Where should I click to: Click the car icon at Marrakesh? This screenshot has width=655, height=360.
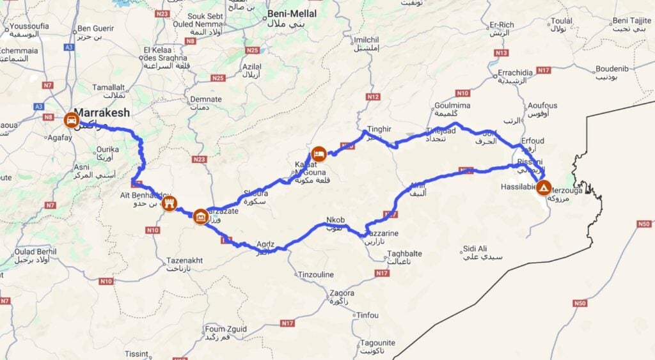[x=70, y=119]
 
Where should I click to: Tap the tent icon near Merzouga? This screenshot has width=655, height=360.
[x=543, y=188]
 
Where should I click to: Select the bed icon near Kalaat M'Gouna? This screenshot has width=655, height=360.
[x=319, y=153]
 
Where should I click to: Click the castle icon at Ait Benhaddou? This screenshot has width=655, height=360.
[x=170, y=204]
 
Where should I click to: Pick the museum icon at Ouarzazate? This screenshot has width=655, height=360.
[x=200, y=217]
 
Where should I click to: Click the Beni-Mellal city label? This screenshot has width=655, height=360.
[x=292, y=13]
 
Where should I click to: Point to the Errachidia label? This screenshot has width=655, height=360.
[x=519, y=72]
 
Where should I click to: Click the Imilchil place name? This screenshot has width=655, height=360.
[x=366, y=39]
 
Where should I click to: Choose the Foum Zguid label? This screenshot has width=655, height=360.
[x=225, y=329]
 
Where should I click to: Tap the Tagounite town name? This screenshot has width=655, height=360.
[x=377, y=343]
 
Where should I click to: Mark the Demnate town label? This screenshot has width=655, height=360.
[x=206, y=99]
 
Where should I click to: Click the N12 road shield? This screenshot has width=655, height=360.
[x=373, y=97]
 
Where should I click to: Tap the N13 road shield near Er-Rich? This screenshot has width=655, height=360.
[x=501, y=52]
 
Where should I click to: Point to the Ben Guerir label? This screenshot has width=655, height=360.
[x=95, y=28]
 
